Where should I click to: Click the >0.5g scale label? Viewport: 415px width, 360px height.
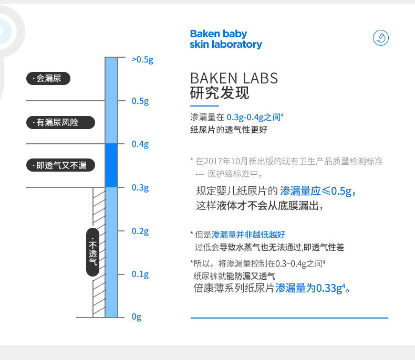142,60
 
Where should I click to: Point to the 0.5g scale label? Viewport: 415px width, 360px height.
140,101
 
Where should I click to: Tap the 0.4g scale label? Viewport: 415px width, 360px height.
140,144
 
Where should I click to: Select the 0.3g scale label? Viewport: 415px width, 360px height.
140,188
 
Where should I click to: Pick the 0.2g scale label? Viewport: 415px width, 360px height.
140,231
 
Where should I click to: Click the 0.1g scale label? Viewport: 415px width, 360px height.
140,274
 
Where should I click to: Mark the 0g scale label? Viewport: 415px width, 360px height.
136,316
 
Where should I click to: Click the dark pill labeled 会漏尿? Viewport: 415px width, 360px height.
48,79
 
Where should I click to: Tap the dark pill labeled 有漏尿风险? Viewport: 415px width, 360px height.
60,122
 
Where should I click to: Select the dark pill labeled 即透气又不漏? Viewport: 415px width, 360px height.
60,165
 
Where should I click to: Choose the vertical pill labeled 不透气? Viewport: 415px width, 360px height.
93,252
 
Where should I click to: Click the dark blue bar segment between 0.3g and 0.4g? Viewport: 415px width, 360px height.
111,165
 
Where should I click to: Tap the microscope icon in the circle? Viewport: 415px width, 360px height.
381,38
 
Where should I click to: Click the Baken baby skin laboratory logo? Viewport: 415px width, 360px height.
226,39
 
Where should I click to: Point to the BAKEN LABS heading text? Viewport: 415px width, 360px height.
234,79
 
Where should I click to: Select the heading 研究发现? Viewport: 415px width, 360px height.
220,93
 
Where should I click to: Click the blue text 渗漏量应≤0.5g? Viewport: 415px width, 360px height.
318,191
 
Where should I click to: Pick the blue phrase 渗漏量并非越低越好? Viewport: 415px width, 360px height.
248,235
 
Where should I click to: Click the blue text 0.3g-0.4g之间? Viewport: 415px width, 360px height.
255,117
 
